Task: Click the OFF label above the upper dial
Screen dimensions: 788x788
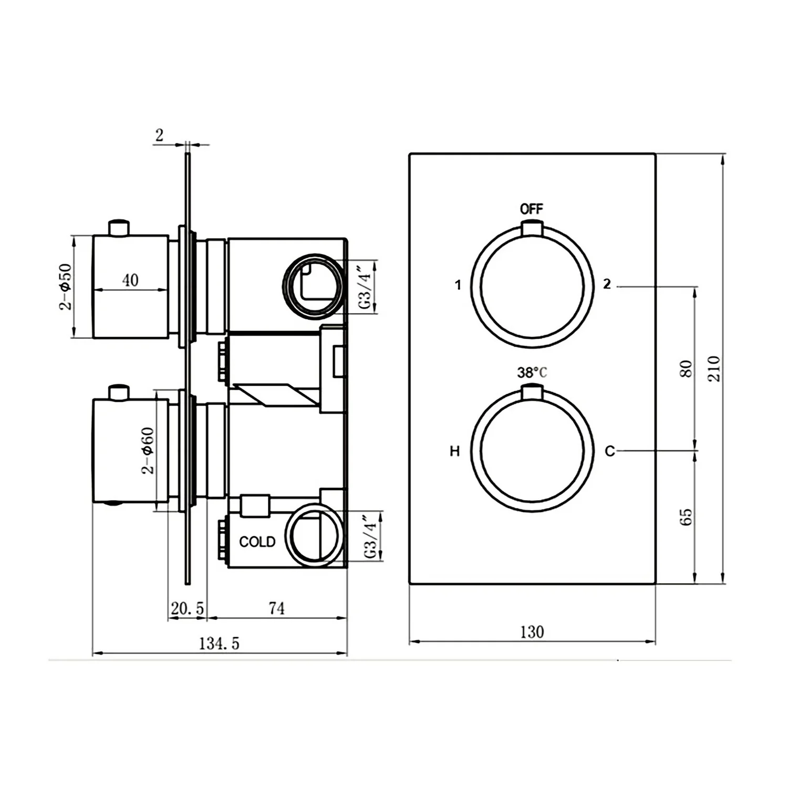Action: point(531,209)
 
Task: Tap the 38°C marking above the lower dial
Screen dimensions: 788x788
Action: point(532,372)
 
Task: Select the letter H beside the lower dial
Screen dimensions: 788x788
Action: point(455,451)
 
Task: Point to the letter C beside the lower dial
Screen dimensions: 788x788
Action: point(609,451)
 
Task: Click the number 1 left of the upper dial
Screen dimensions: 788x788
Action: point(458,285)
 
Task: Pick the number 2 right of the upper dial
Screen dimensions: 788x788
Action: point(607,284)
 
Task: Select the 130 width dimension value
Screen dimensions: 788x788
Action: point(532,631)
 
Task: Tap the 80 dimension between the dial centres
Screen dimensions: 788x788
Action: point(686,369)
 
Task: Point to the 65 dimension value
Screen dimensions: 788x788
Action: point(686,517)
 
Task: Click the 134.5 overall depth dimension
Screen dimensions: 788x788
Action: point(219,643)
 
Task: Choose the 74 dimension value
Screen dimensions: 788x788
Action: point(277,608)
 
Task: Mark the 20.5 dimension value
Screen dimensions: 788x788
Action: point(187,608)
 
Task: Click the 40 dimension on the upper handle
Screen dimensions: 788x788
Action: point(131,279)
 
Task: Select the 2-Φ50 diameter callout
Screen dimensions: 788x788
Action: point(65,287)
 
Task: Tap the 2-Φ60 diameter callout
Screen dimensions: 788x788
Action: point(149,451)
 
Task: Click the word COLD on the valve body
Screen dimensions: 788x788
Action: point(257,542)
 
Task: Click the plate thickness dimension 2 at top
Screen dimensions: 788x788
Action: point(159,135)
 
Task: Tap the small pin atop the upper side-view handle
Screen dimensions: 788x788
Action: point(119,228)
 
